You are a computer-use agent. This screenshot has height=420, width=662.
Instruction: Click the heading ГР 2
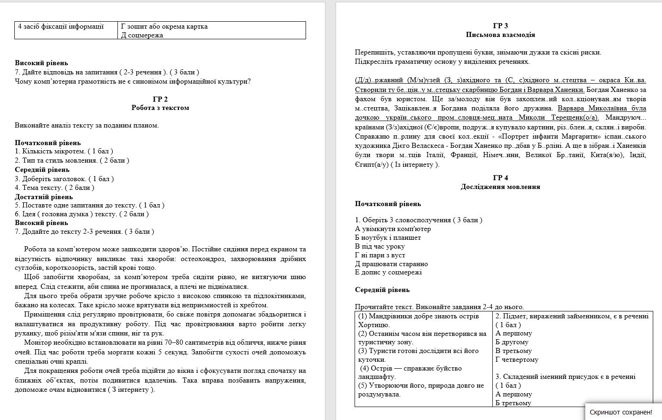[x=160, y=99]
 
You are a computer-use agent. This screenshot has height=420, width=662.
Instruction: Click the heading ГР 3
[x=500, y=26]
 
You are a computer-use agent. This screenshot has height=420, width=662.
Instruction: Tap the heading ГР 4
[x=500, y=178]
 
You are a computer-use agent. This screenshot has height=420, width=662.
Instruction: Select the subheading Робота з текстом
[x=160, y=108]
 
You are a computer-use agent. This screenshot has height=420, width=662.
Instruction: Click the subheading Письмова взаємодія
[x=500, y=35]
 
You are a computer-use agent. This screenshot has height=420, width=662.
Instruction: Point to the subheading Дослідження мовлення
[x=500, y=187]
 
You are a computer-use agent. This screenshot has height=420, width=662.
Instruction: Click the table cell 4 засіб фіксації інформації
[x=61, y=26]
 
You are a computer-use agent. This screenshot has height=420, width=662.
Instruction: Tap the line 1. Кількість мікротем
[x=64, y=151]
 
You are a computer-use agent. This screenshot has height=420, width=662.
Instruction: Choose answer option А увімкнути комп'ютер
[x=392, y=229]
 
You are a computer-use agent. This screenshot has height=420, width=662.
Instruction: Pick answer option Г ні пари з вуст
[x=380, y=255]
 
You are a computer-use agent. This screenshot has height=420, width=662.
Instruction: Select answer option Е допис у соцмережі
[x=388, y=272]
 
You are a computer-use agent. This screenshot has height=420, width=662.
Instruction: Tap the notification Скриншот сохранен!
[x=620, y=412]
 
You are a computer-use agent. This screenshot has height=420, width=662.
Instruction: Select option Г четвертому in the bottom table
[x=517, y=359]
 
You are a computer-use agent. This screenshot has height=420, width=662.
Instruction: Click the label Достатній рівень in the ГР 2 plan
[x=43, y=197]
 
